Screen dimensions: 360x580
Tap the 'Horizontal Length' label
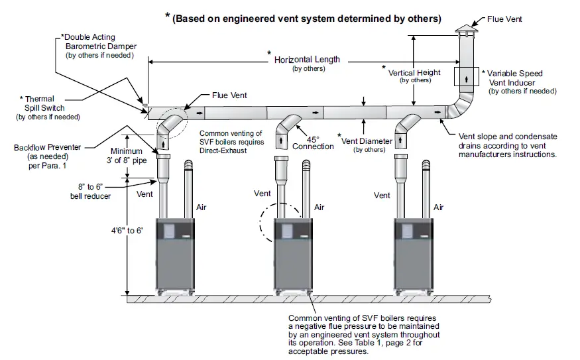pos(307,60)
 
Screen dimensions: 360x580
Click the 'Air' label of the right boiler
pos(438,208)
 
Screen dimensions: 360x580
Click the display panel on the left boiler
pos(169,231)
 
